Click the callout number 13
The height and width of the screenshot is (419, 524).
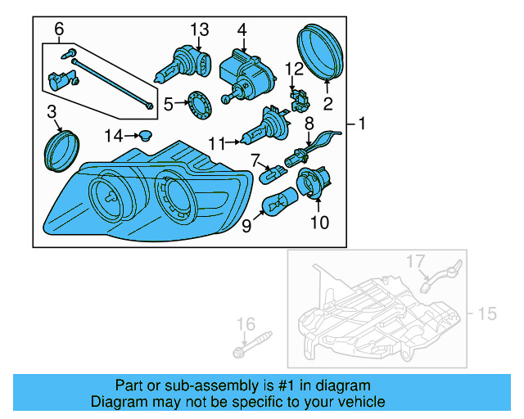pos(201,29)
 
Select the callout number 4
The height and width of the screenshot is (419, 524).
pos(242,29)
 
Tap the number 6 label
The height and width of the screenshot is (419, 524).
pos(59,30)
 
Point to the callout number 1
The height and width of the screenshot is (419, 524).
pos(362,124)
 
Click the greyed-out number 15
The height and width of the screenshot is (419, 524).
pos(488,313)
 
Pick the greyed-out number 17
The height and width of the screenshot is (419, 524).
pos(416,262)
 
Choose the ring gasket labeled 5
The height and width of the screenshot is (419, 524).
pos(199,106)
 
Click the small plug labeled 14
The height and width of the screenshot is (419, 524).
pos(146,134)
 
